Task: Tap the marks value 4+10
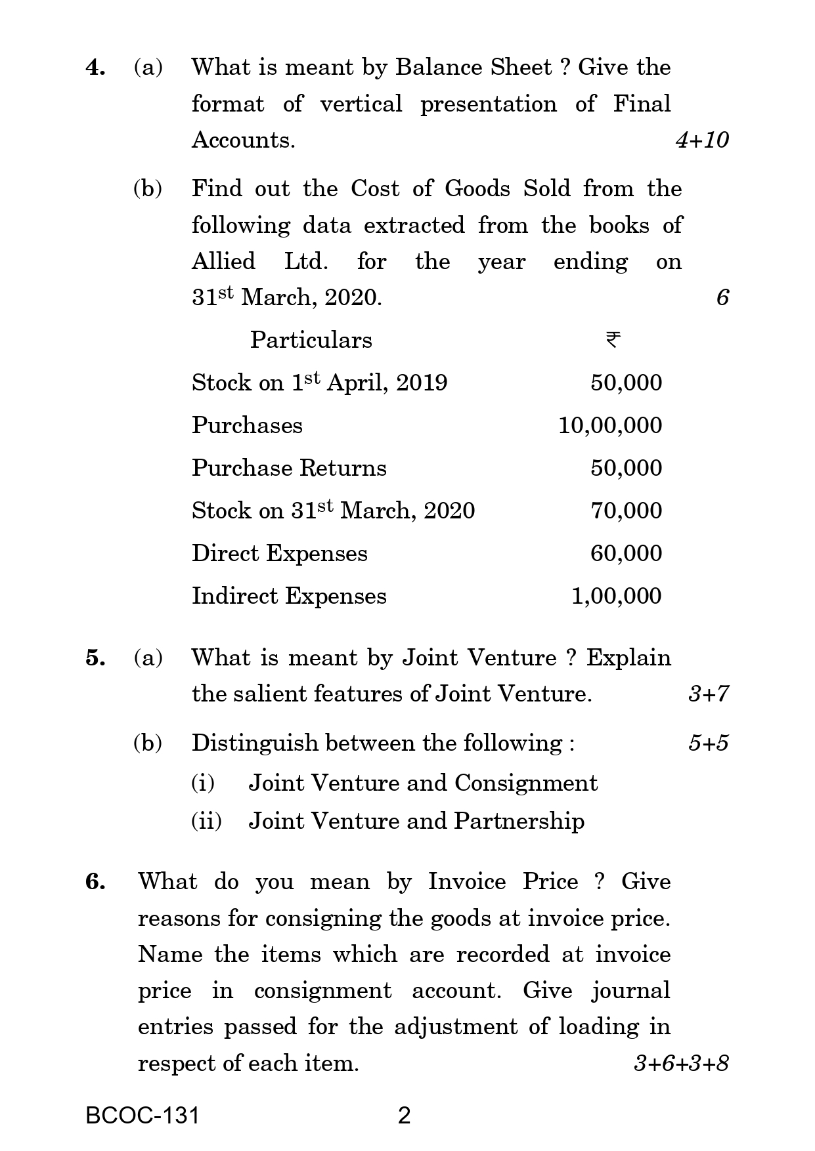[702, 140]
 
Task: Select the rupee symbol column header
[613, 340]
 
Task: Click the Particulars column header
[311, 340]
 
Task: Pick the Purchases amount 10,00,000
[610, 425]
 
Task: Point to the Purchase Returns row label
[289, 468]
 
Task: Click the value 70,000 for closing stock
[626, 511]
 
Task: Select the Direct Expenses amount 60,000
[626, 553]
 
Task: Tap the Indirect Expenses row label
[289, 596]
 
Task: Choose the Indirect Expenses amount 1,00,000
[616, 596]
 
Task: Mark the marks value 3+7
[708, 694]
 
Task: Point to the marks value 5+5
[708, 743]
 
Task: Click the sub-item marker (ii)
[206, 821]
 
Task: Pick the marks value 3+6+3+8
[681, 1063]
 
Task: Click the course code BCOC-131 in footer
[143, 1116]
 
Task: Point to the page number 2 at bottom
[405, 1116]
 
